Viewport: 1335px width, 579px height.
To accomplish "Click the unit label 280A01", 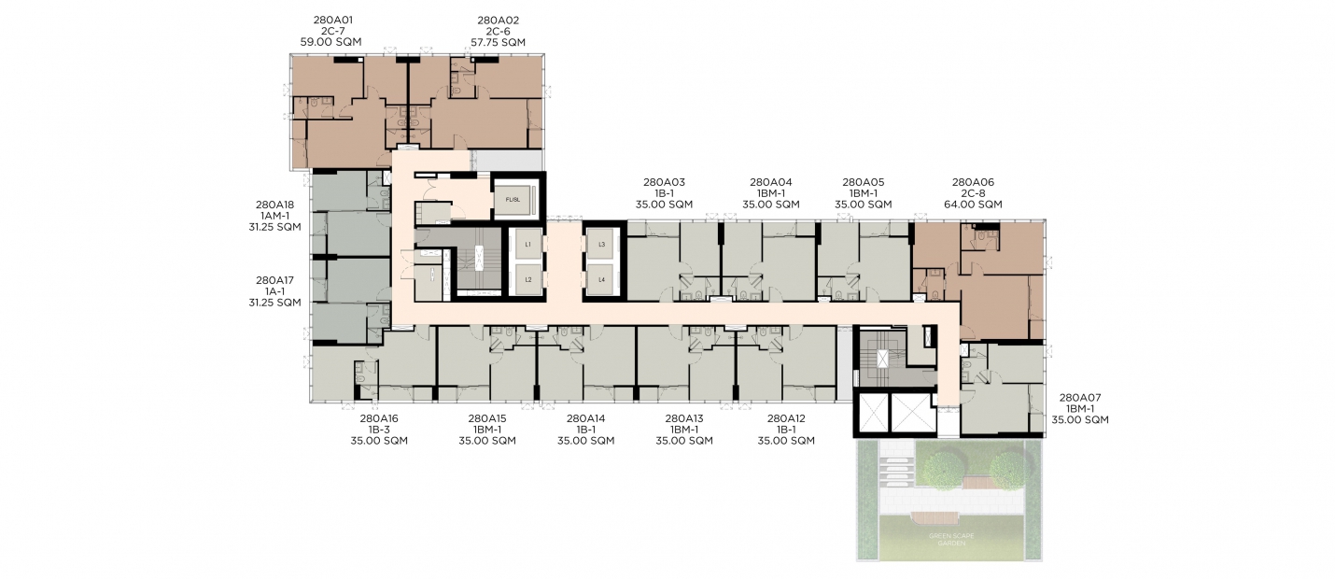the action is coord(333,21).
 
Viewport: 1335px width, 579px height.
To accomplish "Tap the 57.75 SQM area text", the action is coord(499,42).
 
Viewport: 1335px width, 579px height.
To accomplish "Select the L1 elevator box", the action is coord(528,245).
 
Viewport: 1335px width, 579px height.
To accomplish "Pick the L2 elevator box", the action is coord(528,279).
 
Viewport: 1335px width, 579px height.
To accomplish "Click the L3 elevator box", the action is coord(601,245).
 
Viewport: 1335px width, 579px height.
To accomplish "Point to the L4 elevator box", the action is coord(601,279).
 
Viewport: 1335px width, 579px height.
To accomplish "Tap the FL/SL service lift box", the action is coord(513,199).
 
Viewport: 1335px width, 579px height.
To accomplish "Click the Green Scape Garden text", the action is coord(952,540).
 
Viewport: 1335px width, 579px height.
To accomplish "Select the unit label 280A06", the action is coord(973,182).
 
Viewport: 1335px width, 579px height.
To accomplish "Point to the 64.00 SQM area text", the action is coord(973,205).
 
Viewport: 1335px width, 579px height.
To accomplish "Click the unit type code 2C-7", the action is coord(333,31).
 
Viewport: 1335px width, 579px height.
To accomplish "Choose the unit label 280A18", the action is coord(274,205).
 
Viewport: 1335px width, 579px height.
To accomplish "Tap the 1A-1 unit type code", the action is coord(274,291).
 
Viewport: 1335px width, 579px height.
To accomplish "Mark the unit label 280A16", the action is coord(379,419).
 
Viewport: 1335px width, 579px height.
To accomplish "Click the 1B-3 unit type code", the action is coord(379,430).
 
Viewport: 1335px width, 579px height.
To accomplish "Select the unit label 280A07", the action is coord(1080,398).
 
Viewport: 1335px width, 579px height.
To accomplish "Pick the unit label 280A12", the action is coord(786,419).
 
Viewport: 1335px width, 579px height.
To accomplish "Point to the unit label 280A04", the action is coord(771,182).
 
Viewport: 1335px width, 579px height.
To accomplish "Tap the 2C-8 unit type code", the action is coord(973,194).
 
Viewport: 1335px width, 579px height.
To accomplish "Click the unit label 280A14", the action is coord(586,419).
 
